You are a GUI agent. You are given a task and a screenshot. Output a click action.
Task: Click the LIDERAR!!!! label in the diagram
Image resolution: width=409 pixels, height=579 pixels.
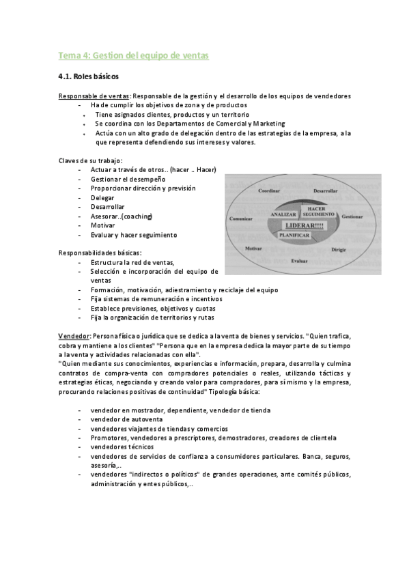305,225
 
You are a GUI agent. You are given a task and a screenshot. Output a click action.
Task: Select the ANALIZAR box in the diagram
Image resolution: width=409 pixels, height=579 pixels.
282,214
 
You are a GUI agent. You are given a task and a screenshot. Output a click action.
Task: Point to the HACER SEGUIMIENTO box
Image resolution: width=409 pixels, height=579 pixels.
315,210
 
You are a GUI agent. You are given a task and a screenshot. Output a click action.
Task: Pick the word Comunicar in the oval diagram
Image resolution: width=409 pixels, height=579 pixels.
242,218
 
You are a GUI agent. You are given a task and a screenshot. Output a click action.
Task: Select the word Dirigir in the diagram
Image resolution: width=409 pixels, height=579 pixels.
339,250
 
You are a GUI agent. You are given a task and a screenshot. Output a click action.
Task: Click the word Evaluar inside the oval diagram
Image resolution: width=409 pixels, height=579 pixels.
299,261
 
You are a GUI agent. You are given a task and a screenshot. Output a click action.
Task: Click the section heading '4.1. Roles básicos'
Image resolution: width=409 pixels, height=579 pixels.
89,78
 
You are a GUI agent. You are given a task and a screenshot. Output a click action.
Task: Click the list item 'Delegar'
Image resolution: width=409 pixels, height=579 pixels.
102,197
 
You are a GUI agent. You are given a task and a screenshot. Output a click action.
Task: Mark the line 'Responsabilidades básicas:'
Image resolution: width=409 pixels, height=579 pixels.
100,253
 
